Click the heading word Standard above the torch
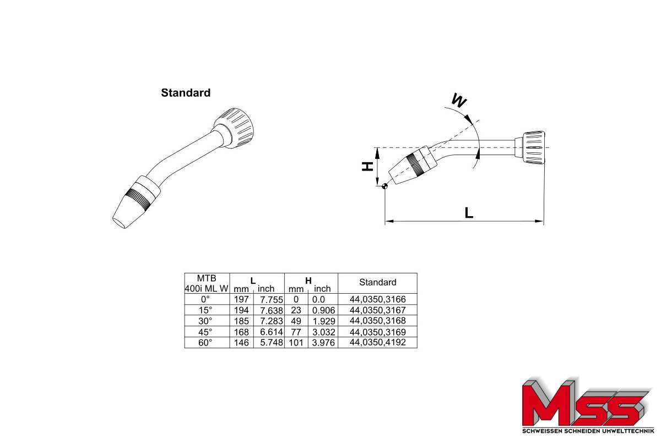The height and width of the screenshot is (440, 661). [x=186, y=93]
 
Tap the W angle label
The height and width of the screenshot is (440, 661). [x=459, y=101]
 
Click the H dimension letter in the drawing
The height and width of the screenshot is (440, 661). [x=367, y=167]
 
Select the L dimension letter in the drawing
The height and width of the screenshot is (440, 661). [x=469, y=213]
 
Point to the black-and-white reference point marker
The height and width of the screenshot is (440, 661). [x=385, y=186]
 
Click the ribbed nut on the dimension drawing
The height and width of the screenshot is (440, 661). [x=534, y=147]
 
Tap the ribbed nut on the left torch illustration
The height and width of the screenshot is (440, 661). [x=234, y=128]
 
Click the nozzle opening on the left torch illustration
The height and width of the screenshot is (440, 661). [x=118, y=223]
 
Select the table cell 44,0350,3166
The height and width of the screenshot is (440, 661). [x=378, y=299]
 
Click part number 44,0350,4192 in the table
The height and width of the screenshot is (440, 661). [x=378, y=342]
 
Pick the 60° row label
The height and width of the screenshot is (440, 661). [x=205, y=343]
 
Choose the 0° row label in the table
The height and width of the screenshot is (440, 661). [x=205, y=299]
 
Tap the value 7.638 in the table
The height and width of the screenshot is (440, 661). [x=271, y=310]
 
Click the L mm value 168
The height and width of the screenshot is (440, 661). [x=241, y=332]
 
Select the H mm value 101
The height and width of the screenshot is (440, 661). [x=296, y=343]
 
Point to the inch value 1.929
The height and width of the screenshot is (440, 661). [x=324, y=321]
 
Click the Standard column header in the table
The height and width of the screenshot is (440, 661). [x=378, y=282]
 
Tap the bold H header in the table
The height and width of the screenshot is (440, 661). [x=308, y=280]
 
